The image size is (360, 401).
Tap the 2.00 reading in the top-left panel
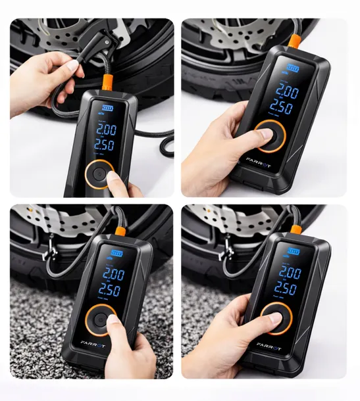[105, 130]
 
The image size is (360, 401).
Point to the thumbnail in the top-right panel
[266, 133]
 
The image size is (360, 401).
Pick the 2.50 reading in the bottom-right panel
[284, 289]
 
